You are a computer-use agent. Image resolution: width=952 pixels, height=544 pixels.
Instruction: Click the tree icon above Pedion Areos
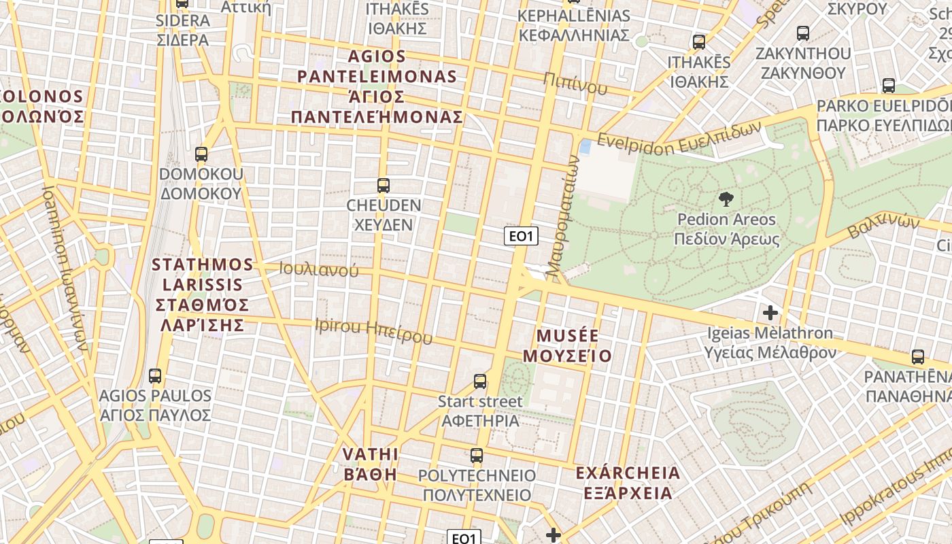[x=726, y=199]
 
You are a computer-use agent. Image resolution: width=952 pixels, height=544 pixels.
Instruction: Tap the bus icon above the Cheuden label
[x=384, y=185]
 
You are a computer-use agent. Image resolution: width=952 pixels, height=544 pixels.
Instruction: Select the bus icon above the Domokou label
[x=201, y=154]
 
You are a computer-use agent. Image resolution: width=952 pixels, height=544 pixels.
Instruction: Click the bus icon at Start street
[x=480, y=381]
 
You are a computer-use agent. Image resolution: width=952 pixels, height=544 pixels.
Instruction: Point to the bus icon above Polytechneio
[x=477, y=455]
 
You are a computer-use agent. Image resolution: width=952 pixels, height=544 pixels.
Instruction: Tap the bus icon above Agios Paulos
[x=155, y=375]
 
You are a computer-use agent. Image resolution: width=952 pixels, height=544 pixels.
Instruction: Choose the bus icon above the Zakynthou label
[x=803, y=33]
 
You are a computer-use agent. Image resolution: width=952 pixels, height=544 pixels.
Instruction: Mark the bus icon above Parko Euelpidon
[x=889, y=86]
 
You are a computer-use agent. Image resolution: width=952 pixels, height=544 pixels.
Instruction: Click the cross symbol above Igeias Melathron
[x=770, y=313]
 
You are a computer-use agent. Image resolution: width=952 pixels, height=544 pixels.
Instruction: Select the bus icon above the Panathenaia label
[x=918, y=356]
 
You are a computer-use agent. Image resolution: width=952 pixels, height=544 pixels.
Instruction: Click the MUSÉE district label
[x=567, y=345]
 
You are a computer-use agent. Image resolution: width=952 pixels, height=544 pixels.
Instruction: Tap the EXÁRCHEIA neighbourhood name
[x=627, y=482]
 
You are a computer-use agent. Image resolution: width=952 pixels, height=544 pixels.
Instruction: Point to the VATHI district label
[x=370, y=464]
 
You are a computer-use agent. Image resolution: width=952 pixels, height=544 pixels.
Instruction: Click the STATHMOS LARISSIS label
[x=202, y=294]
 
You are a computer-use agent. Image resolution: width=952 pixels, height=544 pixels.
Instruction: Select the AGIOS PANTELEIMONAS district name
[x=377, y=86]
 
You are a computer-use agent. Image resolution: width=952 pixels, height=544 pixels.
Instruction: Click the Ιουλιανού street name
[x=318, y=269]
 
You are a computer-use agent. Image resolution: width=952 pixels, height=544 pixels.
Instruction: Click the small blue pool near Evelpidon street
[x=585, y=146]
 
